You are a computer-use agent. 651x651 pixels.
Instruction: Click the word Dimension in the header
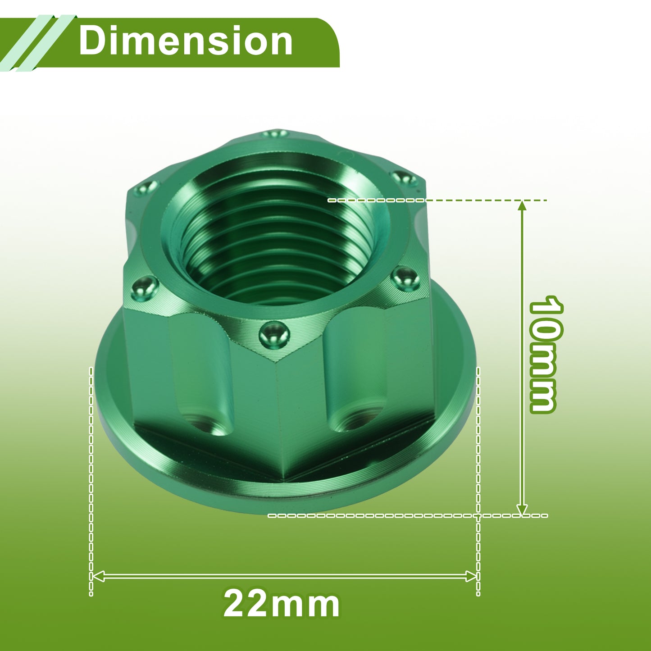click(x=186, y=41)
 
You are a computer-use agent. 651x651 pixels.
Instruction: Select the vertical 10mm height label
click(x=546, y=354)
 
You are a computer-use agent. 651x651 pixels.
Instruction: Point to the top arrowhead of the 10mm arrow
click(x=522, y=206)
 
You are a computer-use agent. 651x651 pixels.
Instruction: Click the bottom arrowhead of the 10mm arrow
click(x=522, y=510)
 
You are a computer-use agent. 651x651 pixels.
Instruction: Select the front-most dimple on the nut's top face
click(x=274, y=336)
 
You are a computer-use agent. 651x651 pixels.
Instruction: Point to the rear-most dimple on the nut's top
click(x=275, y=134)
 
